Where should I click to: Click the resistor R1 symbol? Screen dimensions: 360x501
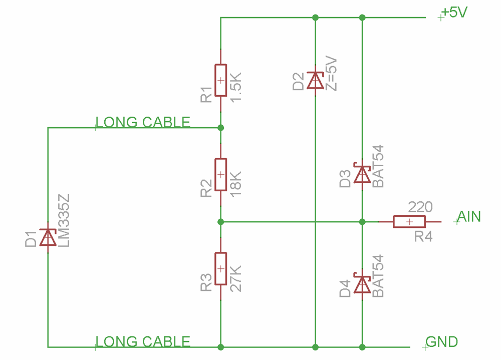(x=220, y=80)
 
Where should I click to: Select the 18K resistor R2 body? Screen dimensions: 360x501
(x=220, y=174)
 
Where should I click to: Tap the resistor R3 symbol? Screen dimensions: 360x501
(x=220, y=269)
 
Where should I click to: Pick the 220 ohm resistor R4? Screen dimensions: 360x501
(x=409, y=221)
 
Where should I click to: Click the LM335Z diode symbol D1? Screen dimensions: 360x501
(x=48, y=237)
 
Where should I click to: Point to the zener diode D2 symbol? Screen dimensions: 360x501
(x=315, y=80)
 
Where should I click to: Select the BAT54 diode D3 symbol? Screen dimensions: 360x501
(x=362, y=174)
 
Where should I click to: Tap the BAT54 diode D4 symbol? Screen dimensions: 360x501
(x=362, y=283)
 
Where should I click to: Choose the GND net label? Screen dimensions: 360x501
(x=441, y=342)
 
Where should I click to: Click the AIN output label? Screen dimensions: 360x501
(x=469, y=217)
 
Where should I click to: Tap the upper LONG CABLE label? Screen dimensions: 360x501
(x=143, y=122)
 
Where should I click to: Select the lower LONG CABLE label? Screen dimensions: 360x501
(x=143, y=341)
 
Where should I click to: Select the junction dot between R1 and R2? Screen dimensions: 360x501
(x=220, y=128)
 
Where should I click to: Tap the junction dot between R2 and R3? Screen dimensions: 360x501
(x=220, y=221)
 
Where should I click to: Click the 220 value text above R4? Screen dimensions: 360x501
(x=420, y=207)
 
